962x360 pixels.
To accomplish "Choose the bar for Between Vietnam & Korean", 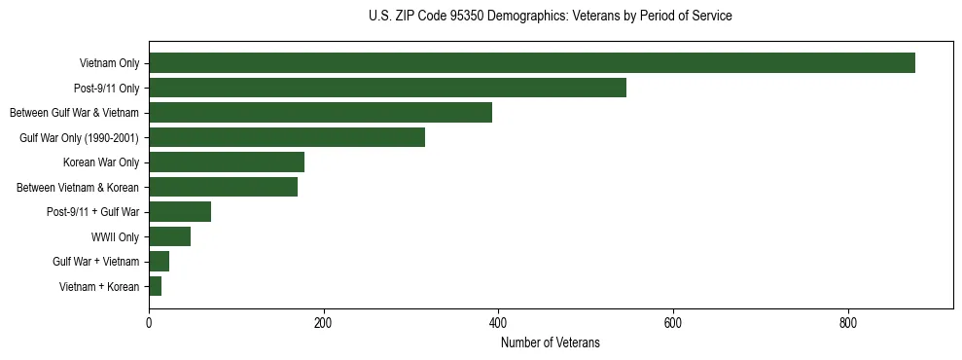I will click(x=223, y=187).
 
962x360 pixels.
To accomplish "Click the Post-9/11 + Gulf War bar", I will click(x=180, y=211).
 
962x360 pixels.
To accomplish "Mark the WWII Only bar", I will click(x=169, y=236).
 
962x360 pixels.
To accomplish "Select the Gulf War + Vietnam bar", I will click(x=159, y=261).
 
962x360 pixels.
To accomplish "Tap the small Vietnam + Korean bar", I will click(x=155, y=286).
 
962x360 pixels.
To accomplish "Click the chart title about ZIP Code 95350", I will click(x=551, y=17).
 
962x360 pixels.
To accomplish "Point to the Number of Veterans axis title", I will click(x=551, y=342).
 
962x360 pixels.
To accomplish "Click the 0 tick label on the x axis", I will click(x=149, y=322).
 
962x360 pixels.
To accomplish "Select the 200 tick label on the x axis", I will click(x=323, y=322).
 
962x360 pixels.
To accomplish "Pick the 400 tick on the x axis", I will click(x=498, y=322).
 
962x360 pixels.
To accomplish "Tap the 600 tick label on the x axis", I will click(x=672, y=322).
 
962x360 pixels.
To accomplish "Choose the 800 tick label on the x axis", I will click(x=847, y=322).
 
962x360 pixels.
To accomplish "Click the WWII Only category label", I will click(x=115, y=236).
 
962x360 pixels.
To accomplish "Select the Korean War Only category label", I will click(x=101, y=162).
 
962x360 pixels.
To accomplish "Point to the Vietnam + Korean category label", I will click(x=99, y=286).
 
